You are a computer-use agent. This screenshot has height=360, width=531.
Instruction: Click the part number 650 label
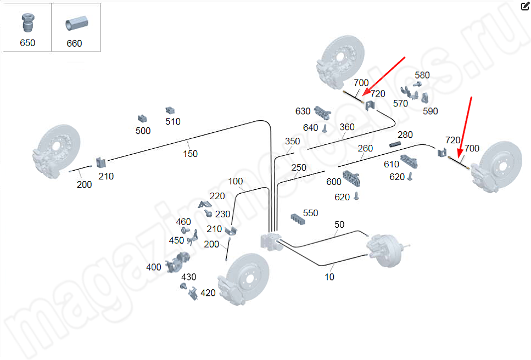27,43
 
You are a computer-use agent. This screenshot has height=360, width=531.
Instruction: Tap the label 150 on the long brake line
190,154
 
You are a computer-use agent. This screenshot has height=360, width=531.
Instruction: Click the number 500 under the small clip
143,131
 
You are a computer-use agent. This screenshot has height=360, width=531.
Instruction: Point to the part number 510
172,121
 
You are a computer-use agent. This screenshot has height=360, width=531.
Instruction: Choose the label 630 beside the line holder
303,111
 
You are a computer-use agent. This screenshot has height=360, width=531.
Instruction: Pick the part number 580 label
422,75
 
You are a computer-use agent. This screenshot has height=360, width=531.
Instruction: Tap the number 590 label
431,111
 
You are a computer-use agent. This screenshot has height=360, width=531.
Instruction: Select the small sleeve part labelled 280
396,144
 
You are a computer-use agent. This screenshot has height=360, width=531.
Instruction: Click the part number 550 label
310,213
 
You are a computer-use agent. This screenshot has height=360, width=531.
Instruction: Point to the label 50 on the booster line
339,224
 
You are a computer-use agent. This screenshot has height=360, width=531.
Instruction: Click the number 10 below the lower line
329,277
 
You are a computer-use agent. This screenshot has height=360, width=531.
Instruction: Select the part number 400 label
154,267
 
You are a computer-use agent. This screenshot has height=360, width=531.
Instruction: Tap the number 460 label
183,222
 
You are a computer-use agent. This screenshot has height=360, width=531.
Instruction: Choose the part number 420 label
208,293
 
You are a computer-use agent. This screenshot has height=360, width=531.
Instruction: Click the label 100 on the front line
235,182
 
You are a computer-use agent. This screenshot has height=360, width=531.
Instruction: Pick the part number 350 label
292,142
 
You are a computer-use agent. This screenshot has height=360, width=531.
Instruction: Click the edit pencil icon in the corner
524,6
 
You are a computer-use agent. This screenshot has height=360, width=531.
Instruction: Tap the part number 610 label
392,164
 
